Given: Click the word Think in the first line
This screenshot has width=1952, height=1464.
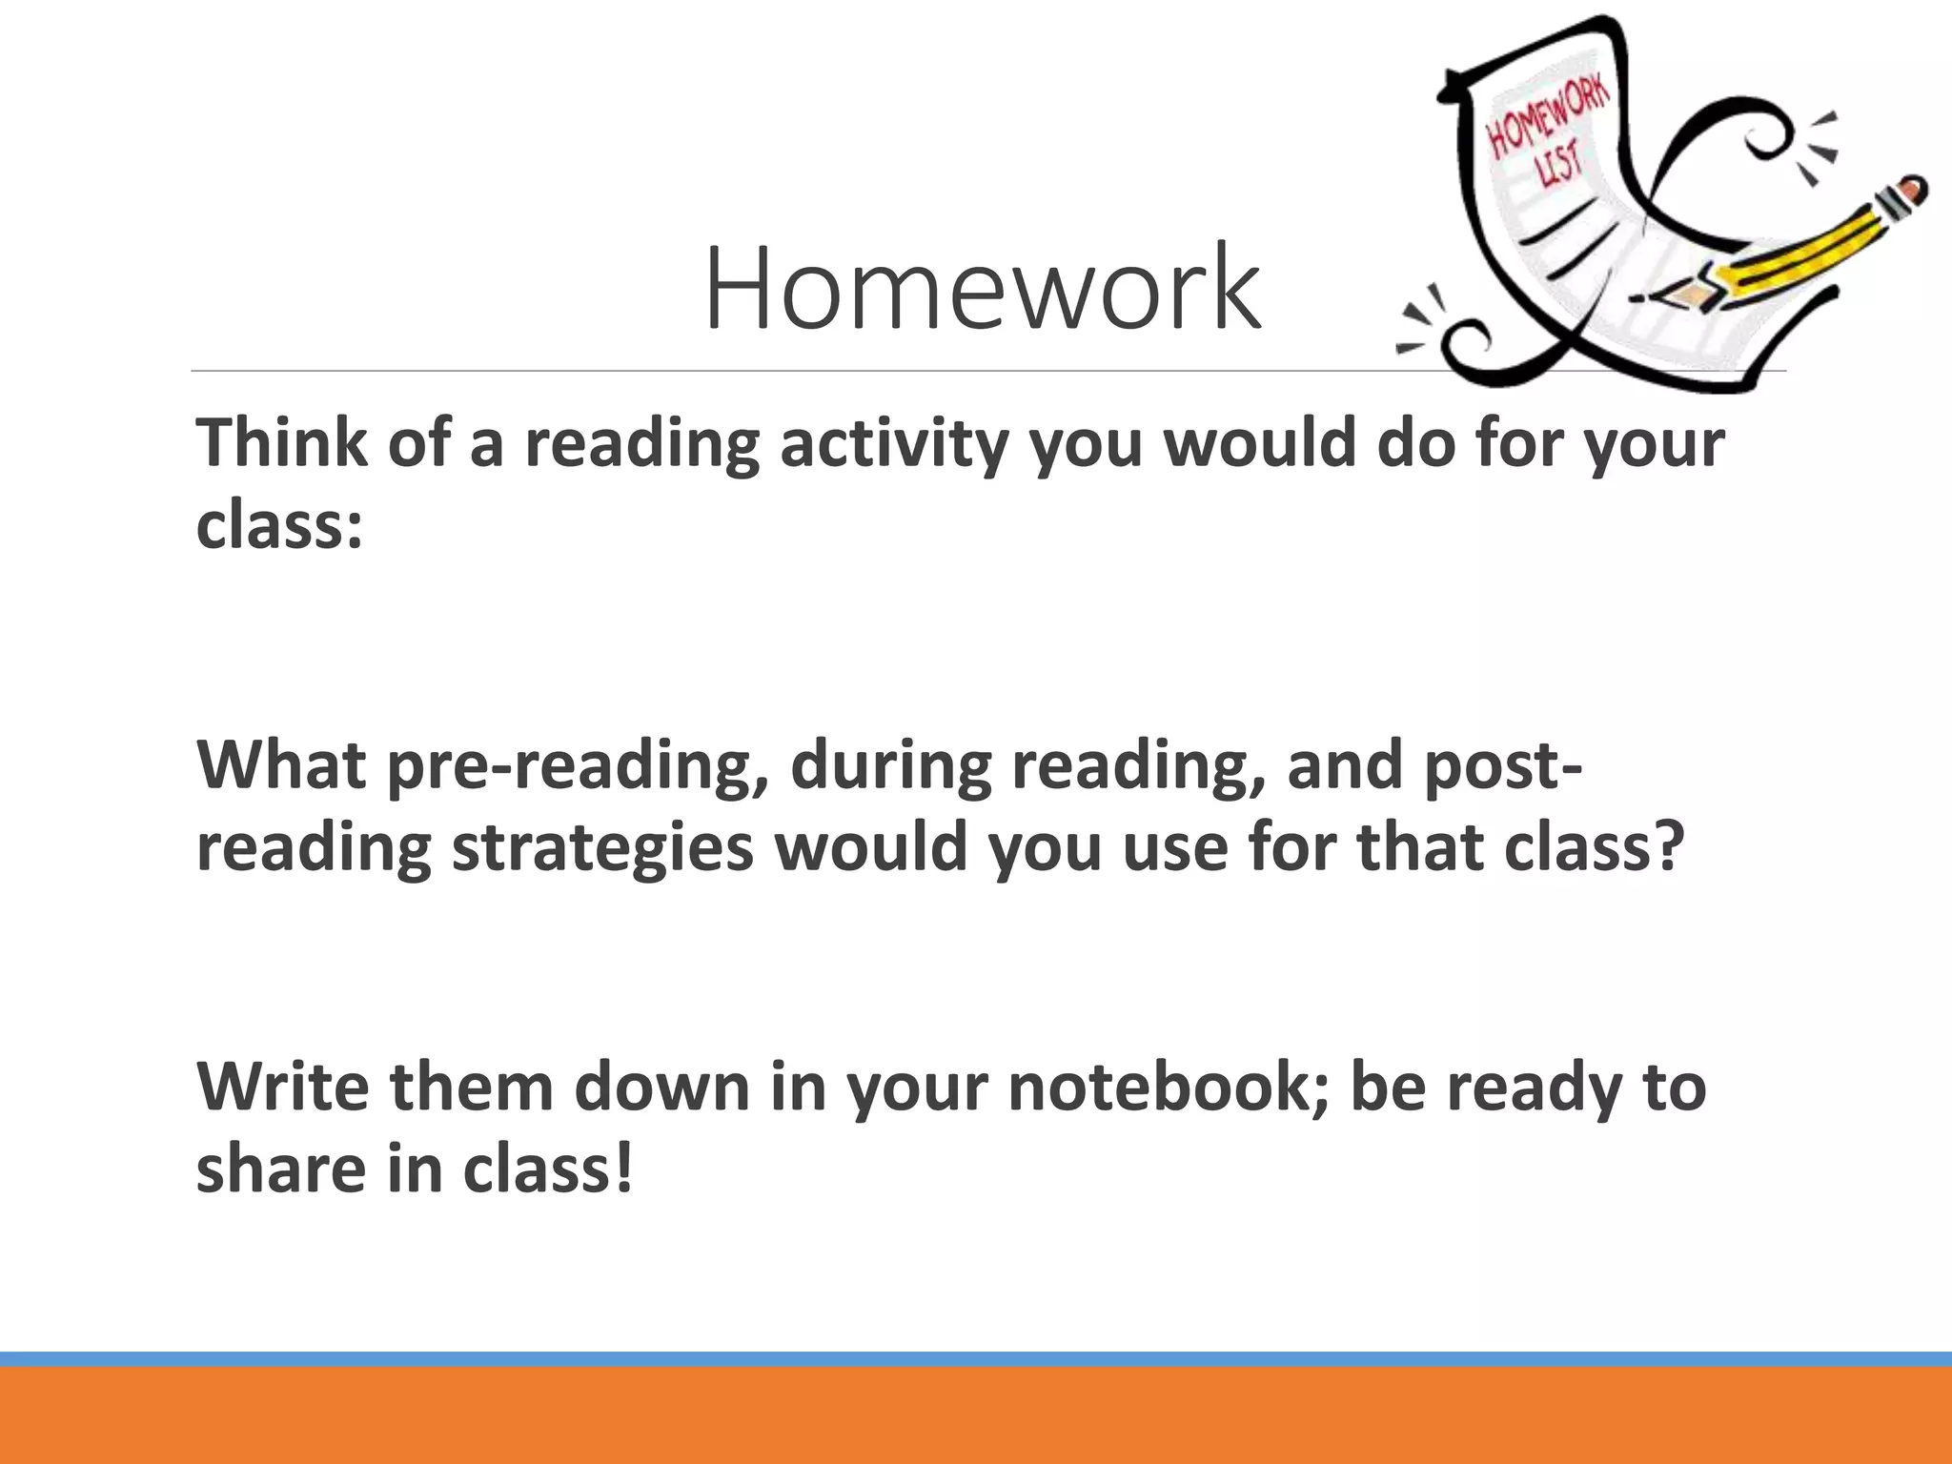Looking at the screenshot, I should point(281,443).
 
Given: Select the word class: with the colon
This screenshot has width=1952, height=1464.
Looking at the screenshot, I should point(279,525).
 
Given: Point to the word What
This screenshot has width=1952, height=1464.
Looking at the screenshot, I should point(281,764).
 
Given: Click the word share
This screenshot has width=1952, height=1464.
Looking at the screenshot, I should point(281,1169).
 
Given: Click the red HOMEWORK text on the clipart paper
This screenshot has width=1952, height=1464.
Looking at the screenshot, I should point(1549,119).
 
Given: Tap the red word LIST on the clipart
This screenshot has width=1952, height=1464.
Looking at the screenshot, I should point(1559,172).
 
